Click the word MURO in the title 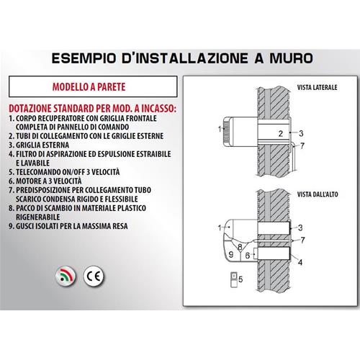pyautogui.click(x=291, y=58)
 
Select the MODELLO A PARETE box pyautogui.click(x=93, y=86)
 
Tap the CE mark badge pyautogui.click(x=94, y=276)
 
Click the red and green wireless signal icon pyautogui.click(x=66, y=276)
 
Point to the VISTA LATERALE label pyautogui.click(x=317, y=87)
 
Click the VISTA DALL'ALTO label pyautogui.click(x=318, y=194)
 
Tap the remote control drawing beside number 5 pyautogui.click(x=233, y=279)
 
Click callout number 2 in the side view pyautogui.click(x=281, y=133)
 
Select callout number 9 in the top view pyautogui.click(x=231, y=254)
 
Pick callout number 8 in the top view pyautogui.click(x=240, y=247)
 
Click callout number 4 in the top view pyautogui.click(x=300, y=262)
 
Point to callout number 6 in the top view pyautogui.click(x=248, y=256)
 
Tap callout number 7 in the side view pyautogui.click(x=302, y=145)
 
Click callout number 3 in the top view pyautogui.click(x=300, y=228)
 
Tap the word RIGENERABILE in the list pyautogui.click(x=37, y=217)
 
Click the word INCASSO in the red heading pyautogui.click(x=158, y=109)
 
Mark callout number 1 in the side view pyautogui.click(x=220, y=129)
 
